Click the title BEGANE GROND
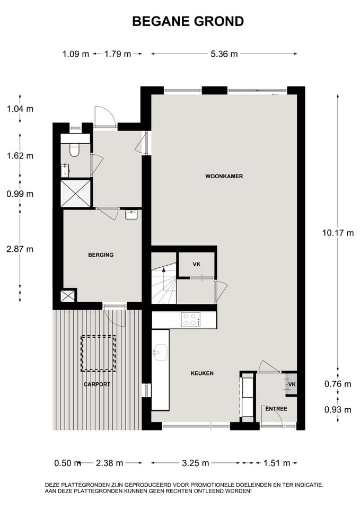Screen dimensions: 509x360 click(188, 21)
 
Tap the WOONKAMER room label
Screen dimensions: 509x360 click(224, 176)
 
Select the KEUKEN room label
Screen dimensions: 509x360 click(202, 373)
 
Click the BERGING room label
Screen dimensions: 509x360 click(101, 255)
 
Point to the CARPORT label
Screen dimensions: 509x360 click(96, 384)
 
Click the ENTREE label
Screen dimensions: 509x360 click(276, 409)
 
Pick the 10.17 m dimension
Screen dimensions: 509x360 click(337, 232)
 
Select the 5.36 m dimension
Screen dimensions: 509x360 click(224, 54)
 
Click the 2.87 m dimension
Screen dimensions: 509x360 click(20, 249)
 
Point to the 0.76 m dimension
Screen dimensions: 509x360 click(337, 384)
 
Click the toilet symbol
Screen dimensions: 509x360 click(74, 151)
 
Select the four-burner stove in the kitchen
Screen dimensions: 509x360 click(191, 320)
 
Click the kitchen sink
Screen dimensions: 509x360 click(160, 352)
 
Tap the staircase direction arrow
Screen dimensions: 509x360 click(164, 270)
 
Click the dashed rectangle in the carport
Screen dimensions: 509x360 click(98, 354)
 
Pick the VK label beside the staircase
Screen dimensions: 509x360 click(196, 264)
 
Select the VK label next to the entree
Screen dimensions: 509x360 click(292, 384)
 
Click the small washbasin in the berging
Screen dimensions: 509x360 click(132, 215)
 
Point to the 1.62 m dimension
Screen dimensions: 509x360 click(20, 156)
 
